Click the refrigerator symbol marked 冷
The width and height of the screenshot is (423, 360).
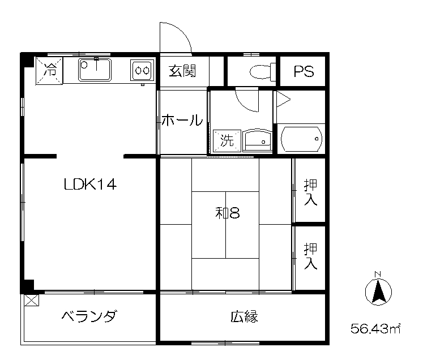point(50,71)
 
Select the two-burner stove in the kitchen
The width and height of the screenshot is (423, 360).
point(142,71)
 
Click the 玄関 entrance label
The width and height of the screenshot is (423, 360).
point(182,72)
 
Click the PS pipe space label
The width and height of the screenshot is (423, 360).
point(303,72)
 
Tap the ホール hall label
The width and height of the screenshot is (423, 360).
point(182,121)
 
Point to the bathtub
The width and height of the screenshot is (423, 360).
point(301,139)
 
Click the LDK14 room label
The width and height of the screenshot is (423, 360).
point(90,185)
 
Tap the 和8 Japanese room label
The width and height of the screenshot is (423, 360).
point(229,213)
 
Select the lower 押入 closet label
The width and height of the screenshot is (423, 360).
point(310,256)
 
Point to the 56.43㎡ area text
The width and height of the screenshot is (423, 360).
point(375,328)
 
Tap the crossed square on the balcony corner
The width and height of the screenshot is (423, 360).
point(31,300)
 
